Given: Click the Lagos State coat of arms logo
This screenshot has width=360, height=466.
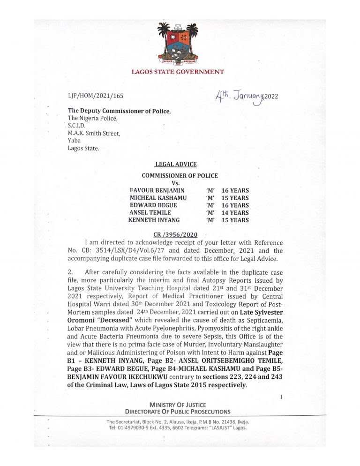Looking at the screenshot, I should (x=177, y=45).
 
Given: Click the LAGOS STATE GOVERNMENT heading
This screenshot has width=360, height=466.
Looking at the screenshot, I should (x=177, y=72).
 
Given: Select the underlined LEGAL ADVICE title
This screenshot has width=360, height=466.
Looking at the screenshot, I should (x=176, y=164).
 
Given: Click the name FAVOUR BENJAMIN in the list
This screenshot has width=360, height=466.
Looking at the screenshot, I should (x=157, y=190).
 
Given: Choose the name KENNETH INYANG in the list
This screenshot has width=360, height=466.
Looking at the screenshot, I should (x=156, y=220).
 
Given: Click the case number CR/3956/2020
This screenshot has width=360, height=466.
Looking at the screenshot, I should (x=176, y=234).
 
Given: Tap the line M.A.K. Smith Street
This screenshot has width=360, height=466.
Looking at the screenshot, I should (x=94, y=133).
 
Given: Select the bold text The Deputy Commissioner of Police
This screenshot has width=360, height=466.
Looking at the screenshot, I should (x=120, y=111).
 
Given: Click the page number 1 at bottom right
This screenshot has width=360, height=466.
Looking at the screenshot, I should (x=281, y=397).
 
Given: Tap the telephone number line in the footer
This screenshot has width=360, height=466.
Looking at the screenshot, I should (x=177, y=428).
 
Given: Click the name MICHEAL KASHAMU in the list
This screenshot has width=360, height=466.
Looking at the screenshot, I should (x=158, y=198).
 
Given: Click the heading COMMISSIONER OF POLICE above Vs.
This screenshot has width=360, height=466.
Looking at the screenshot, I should (x=180, y=175).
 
